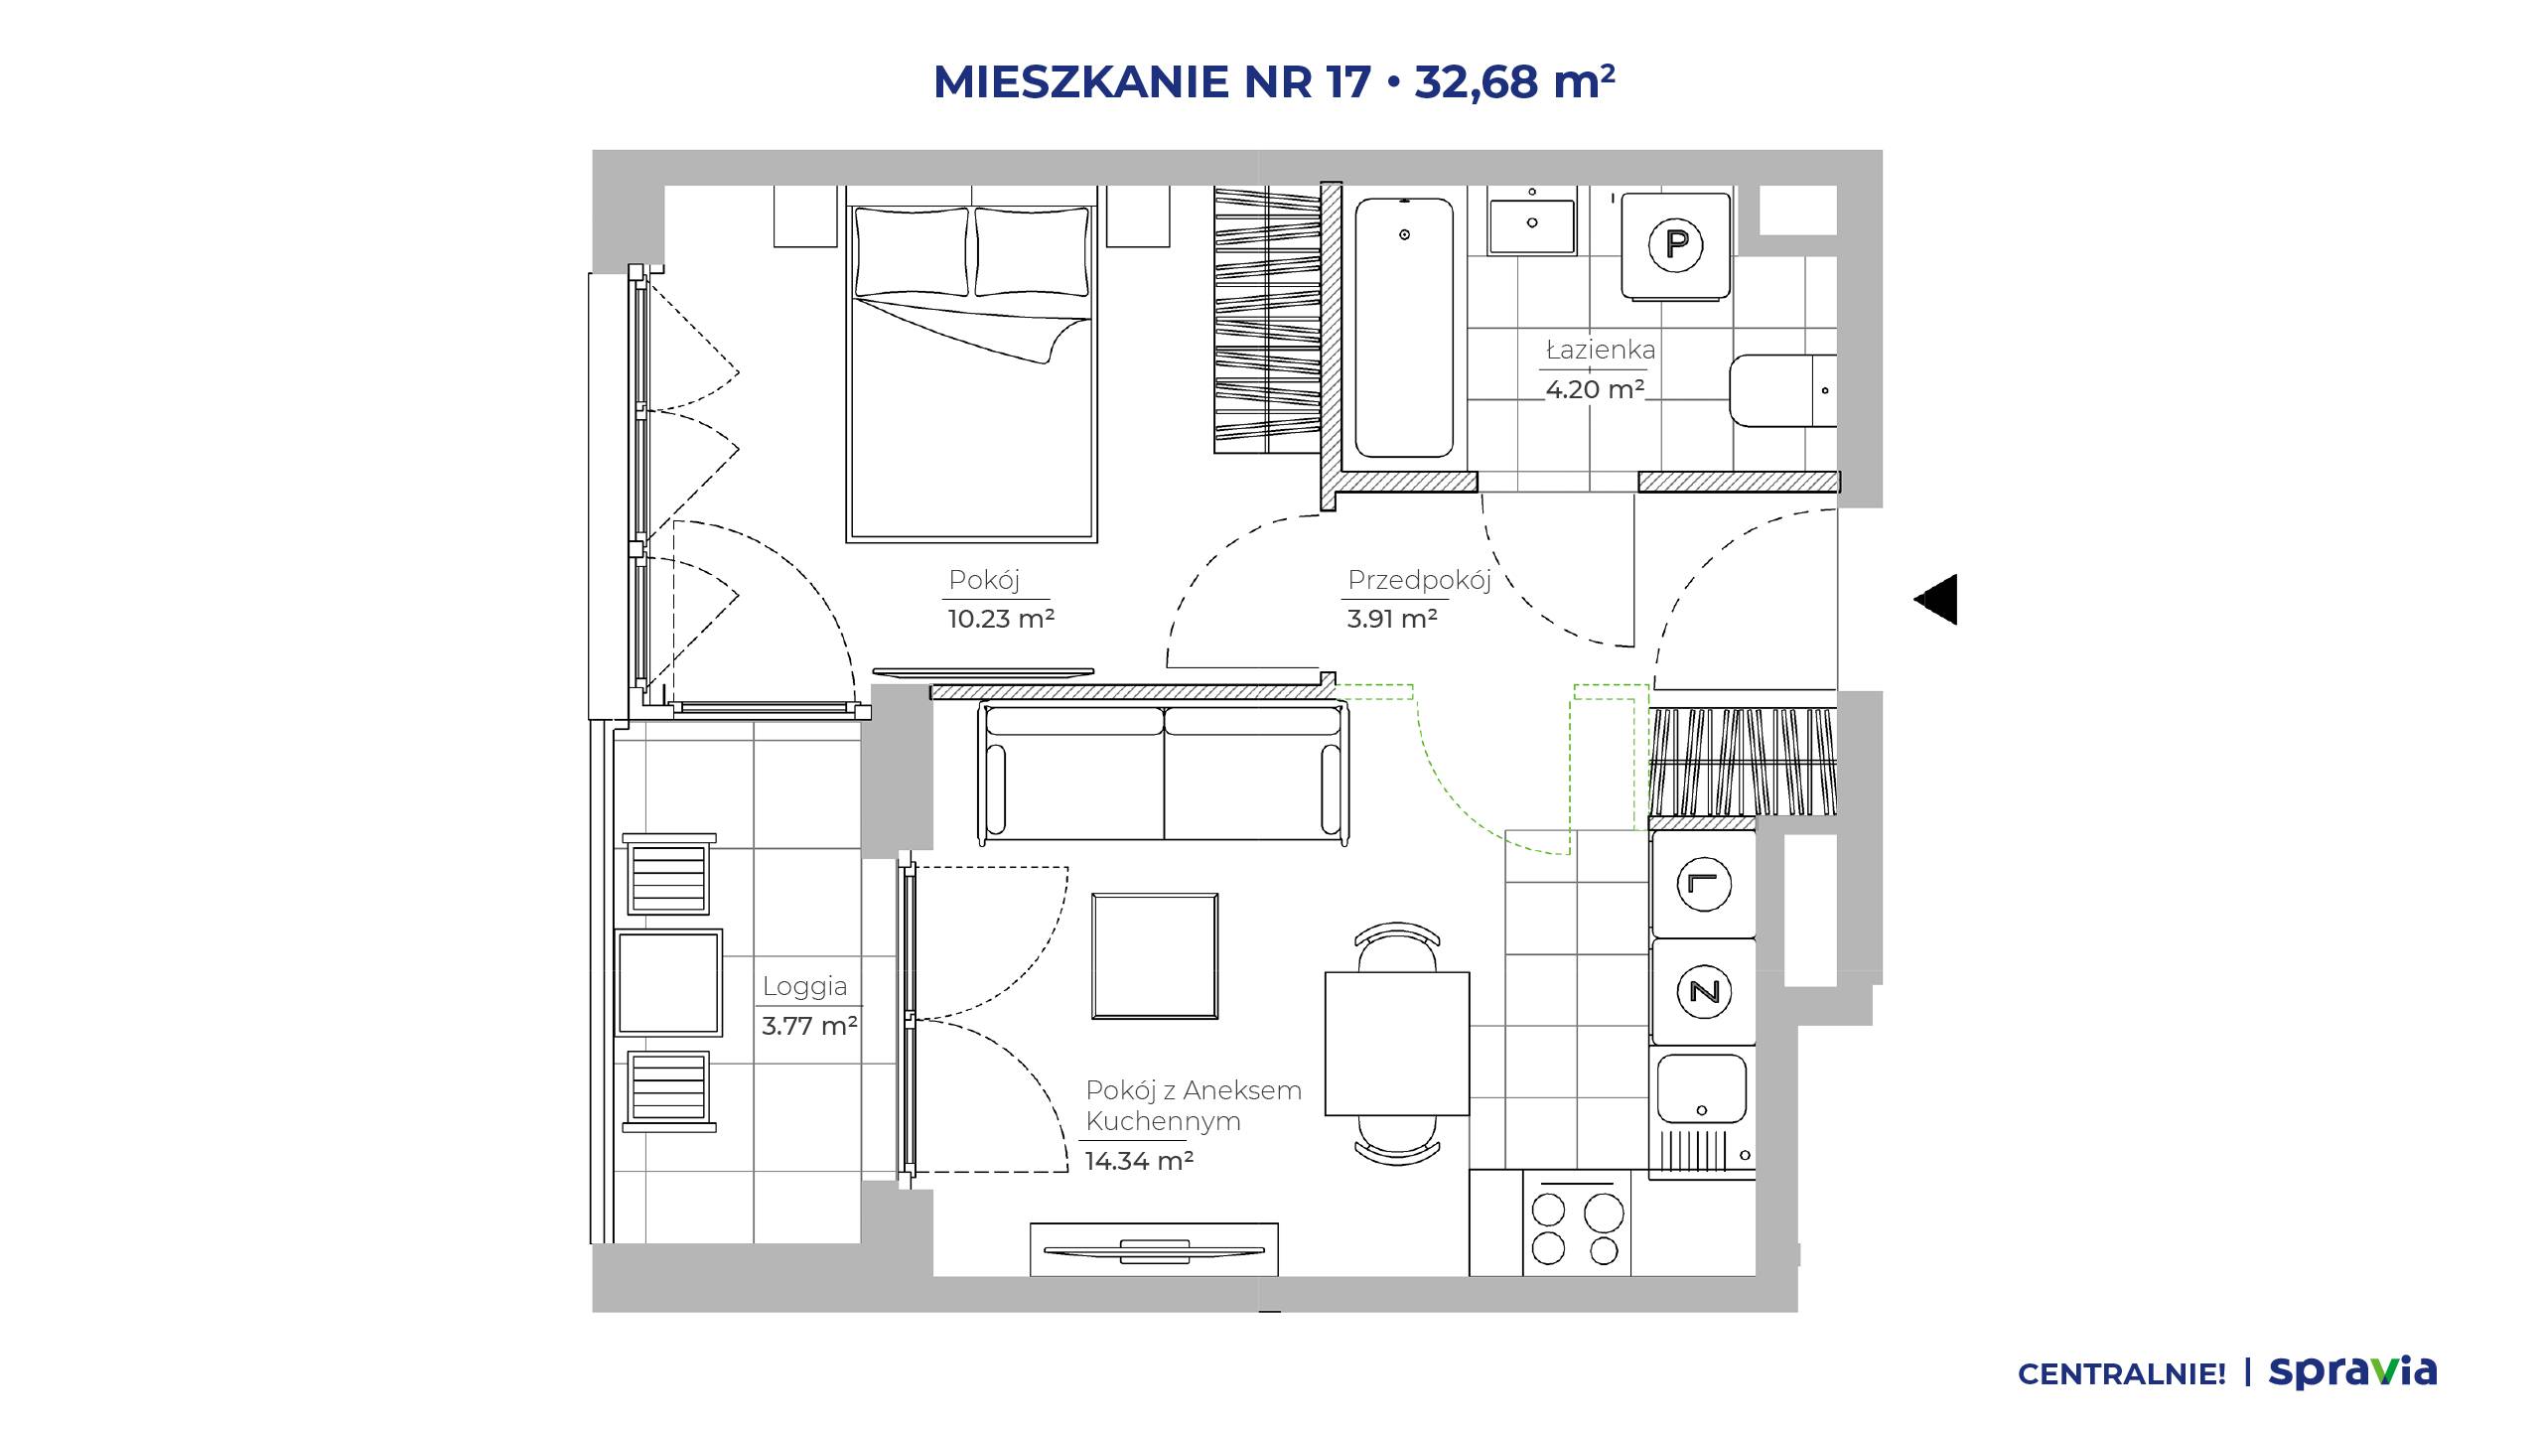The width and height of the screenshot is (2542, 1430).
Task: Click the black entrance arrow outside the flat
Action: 1936,600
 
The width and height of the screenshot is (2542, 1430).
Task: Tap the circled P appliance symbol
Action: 1676,244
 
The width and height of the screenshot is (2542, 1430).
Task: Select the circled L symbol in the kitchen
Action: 1704,884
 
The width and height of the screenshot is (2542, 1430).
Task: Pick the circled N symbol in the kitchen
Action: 1704,991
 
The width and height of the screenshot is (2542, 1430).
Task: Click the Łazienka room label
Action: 1601,350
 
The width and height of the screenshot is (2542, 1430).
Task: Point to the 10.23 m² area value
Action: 1001,619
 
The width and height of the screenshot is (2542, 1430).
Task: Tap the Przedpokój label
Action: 1419,581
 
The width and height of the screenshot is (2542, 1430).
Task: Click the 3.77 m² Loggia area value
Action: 809,1026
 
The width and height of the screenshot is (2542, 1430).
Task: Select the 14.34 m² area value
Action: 1139,1161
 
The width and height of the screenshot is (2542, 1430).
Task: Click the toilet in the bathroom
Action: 1783,390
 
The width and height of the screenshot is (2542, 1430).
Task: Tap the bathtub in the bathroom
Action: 1404,328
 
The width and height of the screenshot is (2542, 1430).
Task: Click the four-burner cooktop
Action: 1577,1229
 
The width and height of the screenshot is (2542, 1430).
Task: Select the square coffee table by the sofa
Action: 1155,955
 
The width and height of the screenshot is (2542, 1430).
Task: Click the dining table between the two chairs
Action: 1397,1044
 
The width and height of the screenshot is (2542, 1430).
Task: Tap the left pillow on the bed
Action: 912,251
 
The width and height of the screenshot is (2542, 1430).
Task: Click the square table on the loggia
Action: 668,983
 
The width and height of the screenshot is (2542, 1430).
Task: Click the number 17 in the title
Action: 1349,81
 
